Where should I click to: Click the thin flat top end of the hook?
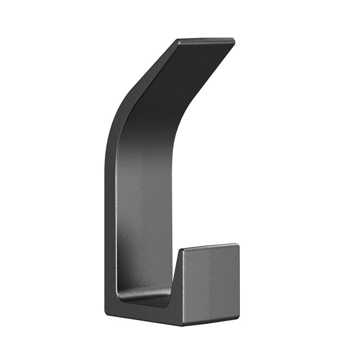pyautogui.click(x=206, y=41)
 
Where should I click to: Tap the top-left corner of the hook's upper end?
pyautogui.click(x=178, y=40)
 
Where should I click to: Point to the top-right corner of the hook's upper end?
pyautogui.click(x=234, y=40)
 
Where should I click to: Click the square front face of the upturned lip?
pyautogui.click(x=211, y=283)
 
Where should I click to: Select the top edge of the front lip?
pyautogui.click(x=209, y=247)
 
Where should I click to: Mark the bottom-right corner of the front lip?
pyautogui.click(x=238, y=319)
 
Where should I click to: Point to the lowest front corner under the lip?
pyautogui.click(x=182, y=325)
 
